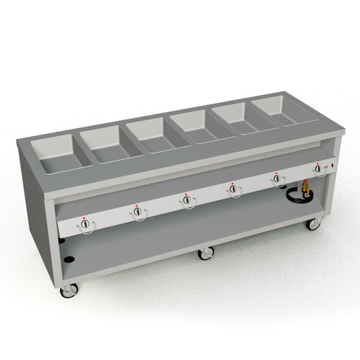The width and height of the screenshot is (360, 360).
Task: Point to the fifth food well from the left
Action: pyautogui.click(x=237, y=116)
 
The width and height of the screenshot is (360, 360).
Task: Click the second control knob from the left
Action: pyautogui.click(x=138, y=212)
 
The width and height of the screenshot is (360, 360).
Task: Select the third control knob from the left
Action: pyautogui.click(x=187, y=201)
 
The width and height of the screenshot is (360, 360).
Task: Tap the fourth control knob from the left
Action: pyautogui.click(x=233, y=189)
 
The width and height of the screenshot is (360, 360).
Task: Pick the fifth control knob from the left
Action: pyautogui.click(x=277, y=179)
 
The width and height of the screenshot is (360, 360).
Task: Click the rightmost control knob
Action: pyautogui.click(x=318, y=168)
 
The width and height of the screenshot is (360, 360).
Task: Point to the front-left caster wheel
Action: pyautogui.click(x=70, y=289)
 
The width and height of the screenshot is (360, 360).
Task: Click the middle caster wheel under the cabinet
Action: pyautogui.click(x=207, y=253)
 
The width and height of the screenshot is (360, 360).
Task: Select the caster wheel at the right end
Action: pyautogui.click(x=313, y=223)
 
